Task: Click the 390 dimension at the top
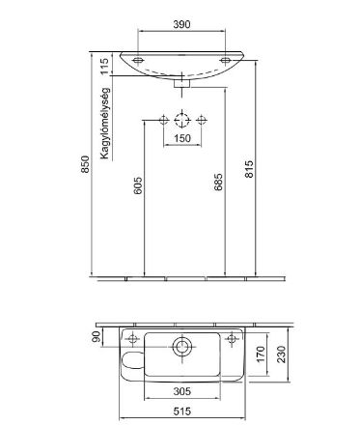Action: (181, 24)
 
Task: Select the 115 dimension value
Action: (104, 67)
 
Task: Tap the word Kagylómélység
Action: (105, 123)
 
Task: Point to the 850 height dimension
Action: (85, 164)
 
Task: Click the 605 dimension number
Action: (137, 185)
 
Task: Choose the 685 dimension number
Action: (218, 182)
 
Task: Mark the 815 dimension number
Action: (249, 169)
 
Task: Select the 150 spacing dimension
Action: (182, 138)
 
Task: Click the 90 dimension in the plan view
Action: (97, 336)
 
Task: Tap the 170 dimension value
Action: (261, 354)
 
